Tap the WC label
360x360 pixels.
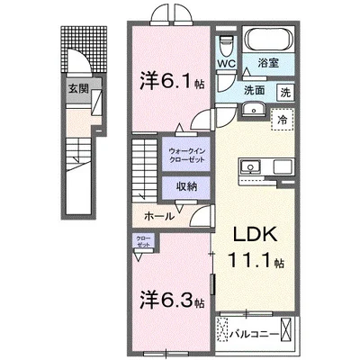(x=225, y=64)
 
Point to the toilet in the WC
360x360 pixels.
(x=225, y=43)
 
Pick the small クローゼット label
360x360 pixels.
(x=144, y=243)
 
